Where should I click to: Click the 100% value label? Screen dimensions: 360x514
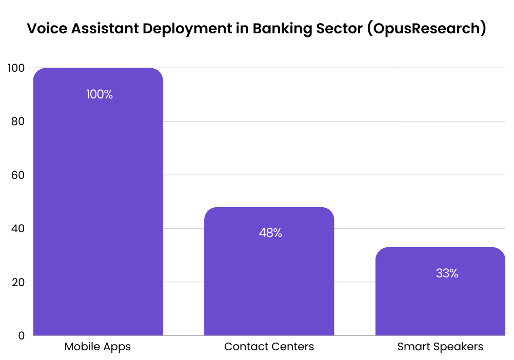tap(100, 94)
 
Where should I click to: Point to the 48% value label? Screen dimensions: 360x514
tap(270, 233)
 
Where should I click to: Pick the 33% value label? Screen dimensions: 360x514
tap(447, 273)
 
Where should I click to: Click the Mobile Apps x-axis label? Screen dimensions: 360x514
tap(97, 347)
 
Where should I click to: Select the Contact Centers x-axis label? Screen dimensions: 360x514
tap(269, 347)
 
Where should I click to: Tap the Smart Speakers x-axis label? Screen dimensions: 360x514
tap(440, 347)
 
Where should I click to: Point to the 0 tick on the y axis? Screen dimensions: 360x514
tap(21, 335)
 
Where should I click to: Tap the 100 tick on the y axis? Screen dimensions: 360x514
tap(16, 68)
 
